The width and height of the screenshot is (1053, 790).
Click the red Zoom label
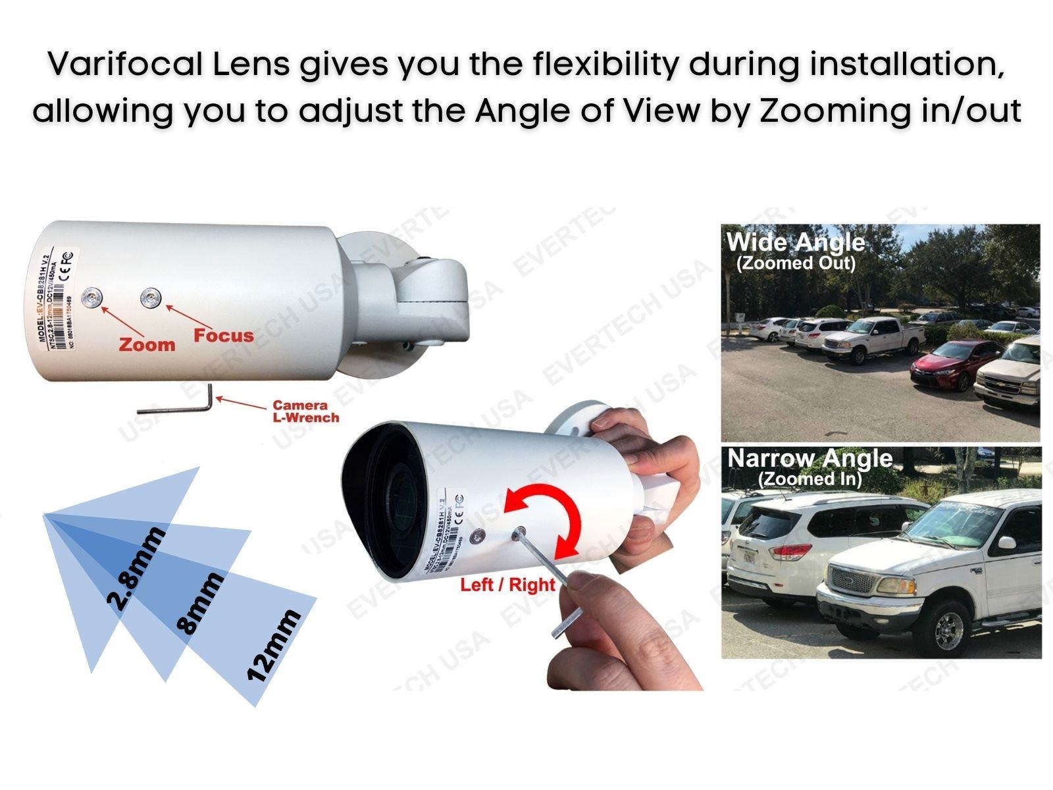pos(147,344)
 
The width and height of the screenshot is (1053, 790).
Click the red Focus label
pos(223,335)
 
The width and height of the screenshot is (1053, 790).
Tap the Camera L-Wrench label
pos(305,411)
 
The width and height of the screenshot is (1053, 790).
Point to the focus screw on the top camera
pos(151,298)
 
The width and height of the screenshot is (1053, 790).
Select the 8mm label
pos(201,603)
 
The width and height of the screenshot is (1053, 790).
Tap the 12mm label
pos(273,645)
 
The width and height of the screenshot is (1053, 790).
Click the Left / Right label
pos(507,585)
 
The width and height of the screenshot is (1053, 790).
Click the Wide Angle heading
pos(795,242)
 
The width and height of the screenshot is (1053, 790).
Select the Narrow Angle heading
pos(809,458)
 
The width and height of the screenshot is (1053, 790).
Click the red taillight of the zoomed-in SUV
pos(790,552)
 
